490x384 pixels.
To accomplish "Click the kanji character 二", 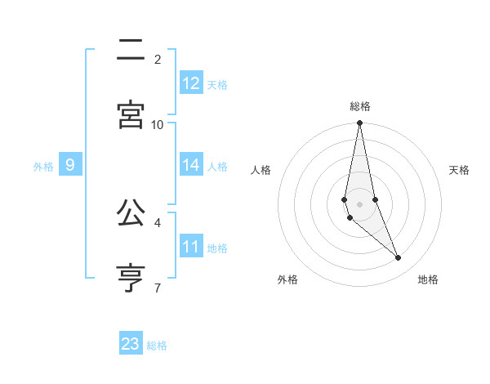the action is click(x=131, y=51).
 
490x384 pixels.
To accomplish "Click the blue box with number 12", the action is click(x=191, y=83).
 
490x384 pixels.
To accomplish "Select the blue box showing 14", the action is click(x=191, y=165).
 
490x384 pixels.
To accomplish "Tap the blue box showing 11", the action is click(x=191, y=247).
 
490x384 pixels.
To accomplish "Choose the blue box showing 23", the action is click(x=131, y=344).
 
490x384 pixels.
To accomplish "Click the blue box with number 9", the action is click(x=70, y=165).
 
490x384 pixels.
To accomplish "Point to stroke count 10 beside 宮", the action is click(x=158, y=124).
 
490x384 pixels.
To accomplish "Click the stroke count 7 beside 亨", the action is click(x=158, y=288).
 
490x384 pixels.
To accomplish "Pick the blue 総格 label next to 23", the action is click(x=157, y=346).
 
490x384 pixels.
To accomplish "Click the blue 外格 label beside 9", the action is click(x=43, y=167).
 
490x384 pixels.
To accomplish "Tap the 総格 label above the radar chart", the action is click(x=360, y=106).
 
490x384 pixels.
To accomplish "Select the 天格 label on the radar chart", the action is click(x=460, y=170).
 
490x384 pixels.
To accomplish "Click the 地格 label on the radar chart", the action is click(x=428, y=279).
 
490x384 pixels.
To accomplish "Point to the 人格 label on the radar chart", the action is click(x=261, y=170).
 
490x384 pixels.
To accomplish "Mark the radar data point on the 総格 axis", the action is click(x=359, y=123).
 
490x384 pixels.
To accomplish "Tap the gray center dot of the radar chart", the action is click(x=359, y=203).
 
